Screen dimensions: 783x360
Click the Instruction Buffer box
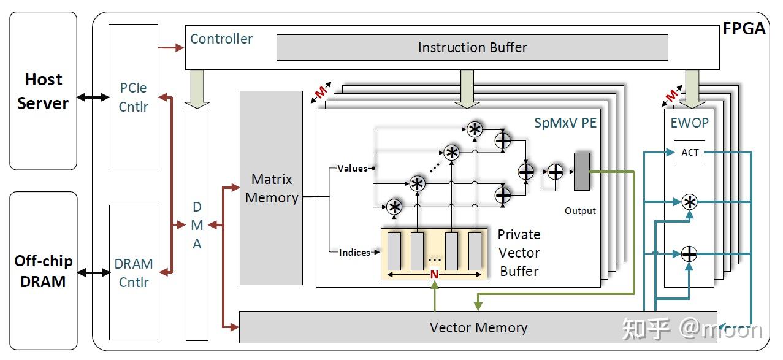pos(472,48)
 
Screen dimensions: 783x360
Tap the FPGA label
pos(744,29)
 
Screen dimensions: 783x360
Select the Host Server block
pos(44,91)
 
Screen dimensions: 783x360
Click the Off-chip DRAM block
pos(44,270)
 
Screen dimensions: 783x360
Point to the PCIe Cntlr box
pos(133,97)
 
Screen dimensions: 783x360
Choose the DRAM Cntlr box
pos(134,273)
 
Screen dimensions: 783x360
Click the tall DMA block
pos(197,224)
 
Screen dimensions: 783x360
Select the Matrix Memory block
pos(271,188)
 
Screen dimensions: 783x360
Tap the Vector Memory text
pos(478,328)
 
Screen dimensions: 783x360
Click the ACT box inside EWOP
pos(689,152)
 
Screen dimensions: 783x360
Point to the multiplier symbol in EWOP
pos(690,202)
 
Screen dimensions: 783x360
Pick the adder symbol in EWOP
pos(689,254)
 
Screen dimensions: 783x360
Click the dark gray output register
pos(582,172)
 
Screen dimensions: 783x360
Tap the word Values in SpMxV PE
pos(353,169)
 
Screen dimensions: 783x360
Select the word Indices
pos(354,252)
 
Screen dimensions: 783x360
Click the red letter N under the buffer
pos(434,274)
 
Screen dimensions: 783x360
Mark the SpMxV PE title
pos(565,123)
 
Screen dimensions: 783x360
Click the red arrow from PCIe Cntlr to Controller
pos(171,47)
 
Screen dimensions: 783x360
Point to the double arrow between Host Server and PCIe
pos(93,97)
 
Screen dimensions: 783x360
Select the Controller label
pos(221,39)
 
